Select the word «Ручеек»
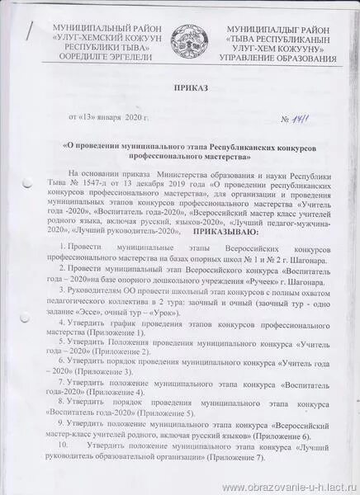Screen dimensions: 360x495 pyautogui.click(x=258, y=281)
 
